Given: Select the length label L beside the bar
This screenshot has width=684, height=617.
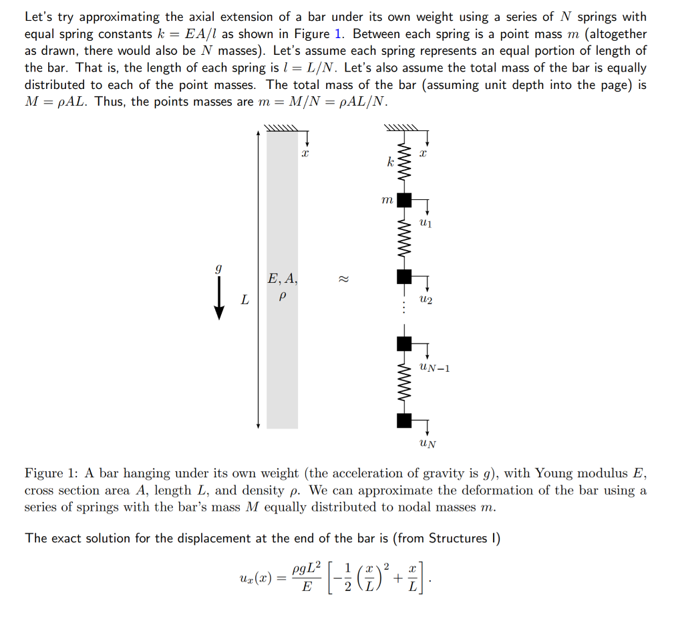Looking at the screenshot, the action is coord(245,300).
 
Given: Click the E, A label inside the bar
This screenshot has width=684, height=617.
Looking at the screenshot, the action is coord(282,278).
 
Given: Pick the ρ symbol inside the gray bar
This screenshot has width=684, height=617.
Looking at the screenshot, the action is coord(281,295).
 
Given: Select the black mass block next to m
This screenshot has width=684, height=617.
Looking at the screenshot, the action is coord(404,199).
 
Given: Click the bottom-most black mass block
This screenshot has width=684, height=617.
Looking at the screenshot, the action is coord(404,420).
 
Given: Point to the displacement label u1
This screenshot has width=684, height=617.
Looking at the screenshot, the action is coord(426,223).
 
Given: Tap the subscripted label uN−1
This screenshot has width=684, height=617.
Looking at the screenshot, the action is coord(434,366).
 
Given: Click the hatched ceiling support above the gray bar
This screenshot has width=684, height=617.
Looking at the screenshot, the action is coord(281,128).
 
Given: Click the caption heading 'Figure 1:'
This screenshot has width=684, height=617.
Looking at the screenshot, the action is coord(51,473).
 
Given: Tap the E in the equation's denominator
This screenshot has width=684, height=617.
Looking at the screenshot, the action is coord(307,588).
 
